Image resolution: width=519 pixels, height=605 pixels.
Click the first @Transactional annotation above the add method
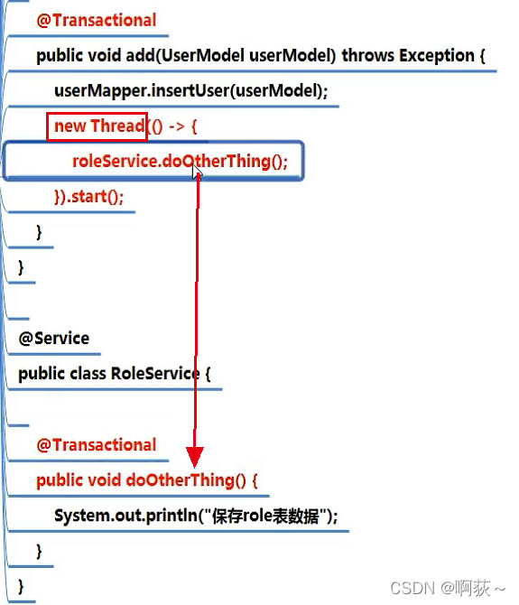pyautogui.click(x=97, y=20)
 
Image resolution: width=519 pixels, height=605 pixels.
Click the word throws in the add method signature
pyautogui.click(x=368, y=55)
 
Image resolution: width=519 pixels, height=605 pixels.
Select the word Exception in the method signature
pyautogui.click(x=437, y=55)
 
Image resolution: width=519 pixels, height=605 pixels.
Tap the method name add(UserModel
pyautogui.click(x=185, y=55)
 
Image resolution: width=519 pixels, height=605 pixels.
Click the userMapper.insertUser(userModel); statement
pyautogui.click(x=190, y=90)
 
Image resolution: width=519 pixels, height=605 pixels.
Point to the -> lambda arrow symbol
pyautogui.click(x=177, y=126)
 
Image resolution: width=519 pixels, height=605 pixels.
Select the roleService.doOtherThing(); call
pyautogui.click(x=180, y=161)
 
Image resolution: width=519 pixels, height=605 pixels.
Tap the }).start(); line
pyautogui.click(x=89, y=197)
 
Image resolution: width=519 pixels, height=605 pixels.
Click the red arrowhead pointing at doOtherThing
pyautogui.click(x=195, y=457)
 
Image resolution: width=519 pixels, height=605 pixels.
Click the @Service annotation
pyautogui.click(x=54, y=339)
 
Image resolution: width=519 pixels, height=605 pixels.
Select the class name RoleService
pyautogui.click(x=155, y=373)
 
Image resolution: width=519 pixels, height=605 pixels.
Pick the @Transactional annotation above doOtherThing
pyautogui.click(x=97, y=444)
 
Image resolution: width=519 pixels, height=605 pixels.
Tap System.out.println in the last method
pyautogui.click(x=125, y=516)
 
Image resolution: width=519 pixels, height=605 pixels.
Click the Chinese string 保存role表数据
pyautogui.click(x=265, y=516)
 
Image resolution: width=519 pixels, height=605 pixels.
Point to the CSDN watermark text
pyautogui.click(x=448, y=588)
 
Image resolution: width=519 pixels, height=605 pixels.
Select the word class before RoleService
pyautogui.click(x=88, y=373)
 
